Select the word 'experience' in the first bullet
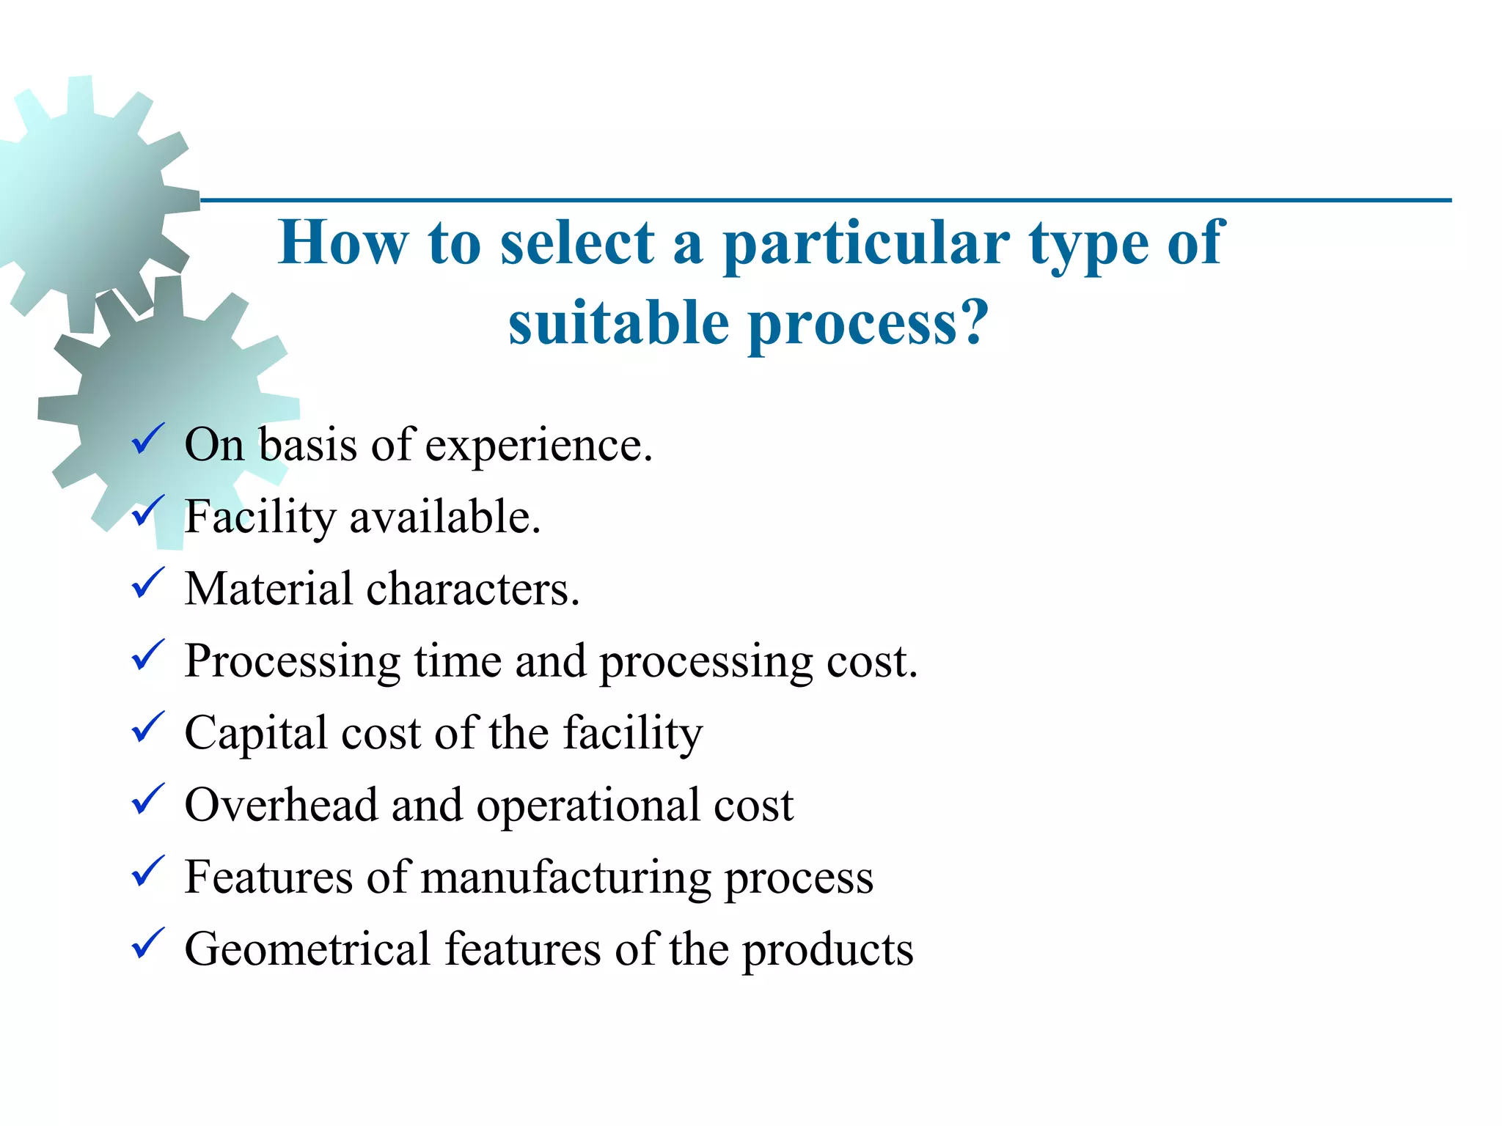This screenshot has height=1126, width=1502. [538, 446]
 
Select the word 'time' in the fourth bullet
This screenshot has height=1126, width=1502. [458, 660]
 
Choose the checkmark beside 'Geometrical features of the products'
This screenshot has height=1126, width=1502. [147, 943]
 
